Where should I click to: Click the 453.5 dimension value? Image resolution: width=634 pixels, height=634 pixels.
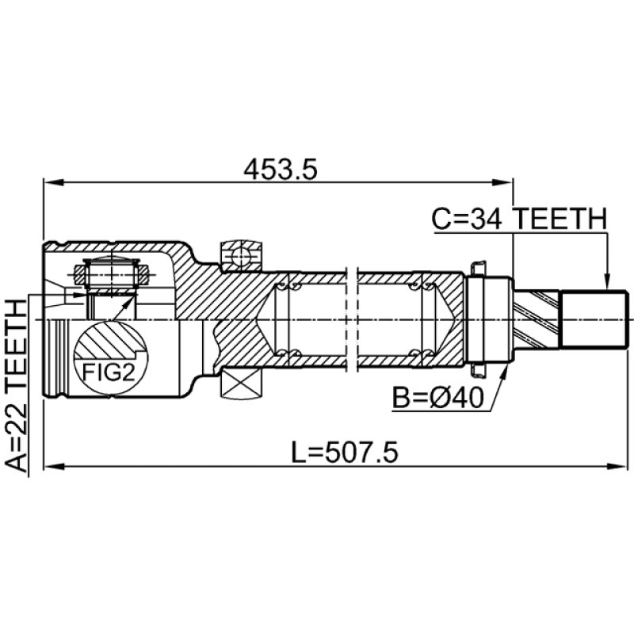[281, 169]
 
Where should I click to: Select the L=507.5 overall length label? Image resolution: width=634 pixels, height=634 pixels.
[345, 452]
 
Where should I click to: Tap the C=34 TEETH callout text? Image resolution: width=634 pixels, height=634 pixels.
[519, 219]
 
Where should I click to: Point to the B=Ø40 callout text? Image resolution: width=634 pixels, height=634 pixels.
[438, 397]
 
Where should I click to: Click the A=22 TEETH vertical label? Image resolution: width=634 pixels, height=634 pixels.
[17, 385]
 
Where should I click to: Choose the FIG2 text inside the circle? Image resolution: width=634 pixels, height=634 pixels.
[109, 372]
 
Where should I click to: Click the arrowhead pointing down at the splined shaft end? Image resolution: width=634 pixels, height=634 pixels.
[606, 283]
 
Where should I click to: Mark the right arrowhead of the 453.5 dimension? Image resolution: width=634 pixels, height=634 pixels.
[502, 182]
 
